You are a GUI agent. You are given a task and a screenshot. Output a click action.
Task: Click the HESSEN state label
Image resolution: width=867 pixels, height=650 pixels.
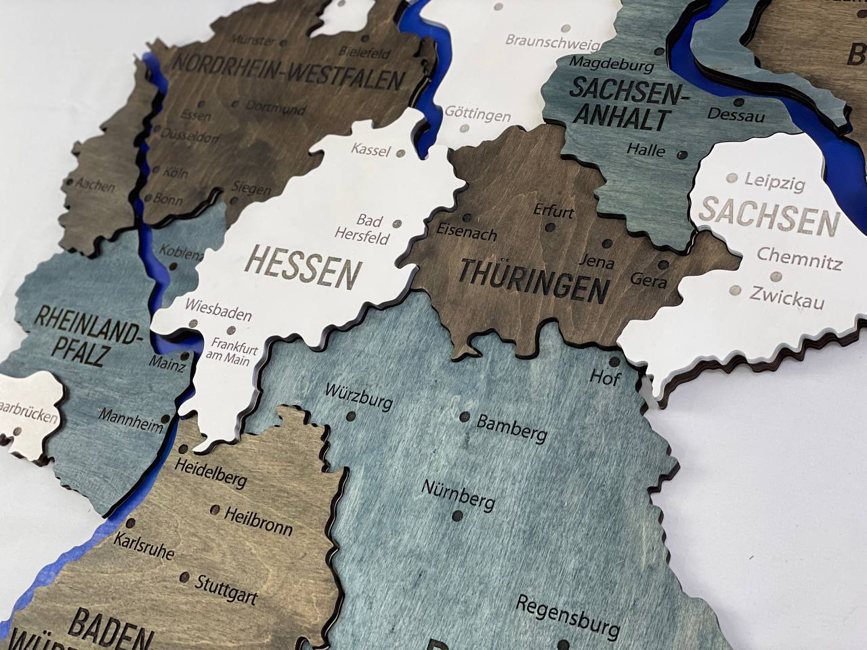tap(301, 268)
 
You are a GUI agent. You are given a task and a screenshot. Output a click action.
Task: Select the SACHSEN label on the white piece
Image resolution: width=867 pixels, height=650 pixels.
tap(769, 215)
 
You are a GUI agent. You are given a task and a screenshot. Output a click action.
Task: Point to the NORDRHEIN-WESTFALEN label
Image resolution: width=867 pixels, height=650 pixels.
tap(288, 71)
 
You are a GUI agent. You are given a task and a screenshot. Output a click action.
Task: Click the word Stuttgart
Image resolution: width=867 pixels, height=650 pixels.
tap(226, 589)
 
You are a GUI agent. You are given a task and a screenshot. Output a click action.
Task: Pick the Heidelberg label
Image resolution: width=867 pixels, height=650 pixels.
tap(210, 472)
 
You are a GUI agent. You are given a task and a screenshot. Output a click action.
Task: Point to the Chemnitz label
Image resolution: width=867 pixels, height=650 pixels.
tap(799, 258)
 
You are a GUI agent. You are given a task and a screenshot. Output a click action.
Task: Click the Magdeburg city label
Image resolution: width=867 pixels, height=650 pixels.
tap(612, 64)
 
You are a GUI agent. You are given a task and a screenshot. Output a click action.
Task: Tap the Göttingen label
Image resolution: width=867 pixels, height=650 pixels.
tap(477, 113)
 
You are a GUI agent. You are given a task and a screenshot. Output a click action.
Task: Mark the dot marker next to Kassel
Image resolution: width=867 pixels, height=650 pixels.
tap(400, 154)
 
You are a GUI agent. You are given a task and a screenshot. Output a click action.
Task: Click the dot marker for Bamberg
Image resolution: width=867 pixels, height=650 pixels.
tap(465, 417)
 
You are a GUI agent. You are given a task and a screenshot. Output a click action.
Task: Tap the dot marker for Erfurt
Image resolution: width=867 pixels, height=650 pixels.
tap(549, 227)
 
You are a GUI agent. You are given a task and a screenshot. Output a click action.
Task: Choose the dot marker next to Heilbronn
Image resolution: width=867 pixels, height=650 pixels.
tap(215, 509)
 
